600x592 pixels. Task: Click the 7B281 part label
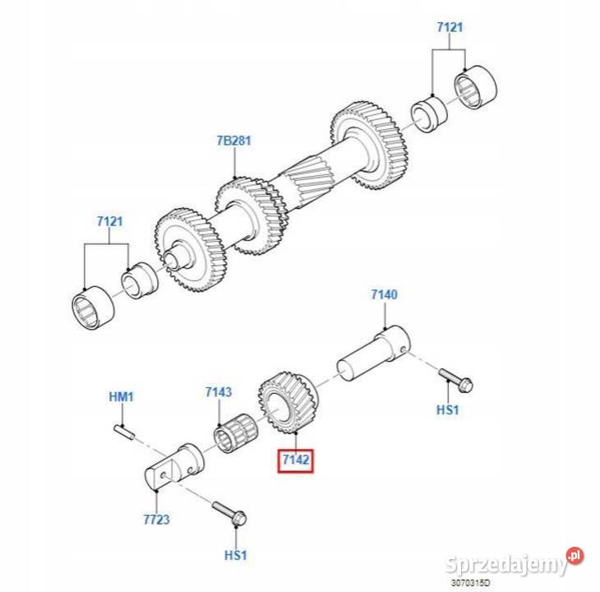[x=233, y=141]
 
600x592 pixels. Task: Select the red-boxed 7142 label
[x=295, y=460]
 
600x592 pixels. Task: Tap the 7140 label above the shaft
[x=384, y=294]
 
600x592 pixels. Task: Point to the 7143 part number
[x=218, y=392]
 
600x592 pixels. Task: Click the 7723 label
[x=156, y=520]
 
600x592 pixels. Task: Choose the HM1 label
[x=122, y=396]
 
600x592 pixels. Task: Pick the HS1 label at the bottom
[x=235, y=555]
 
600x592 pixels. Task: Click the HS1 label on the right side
[x=447, y=409]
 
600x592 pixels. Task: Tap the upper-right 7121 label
[x=450, y=27]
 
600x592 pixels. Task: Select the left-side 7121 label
[x=109, y=221]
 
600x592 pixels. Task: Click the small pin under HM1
[x=124, y=432]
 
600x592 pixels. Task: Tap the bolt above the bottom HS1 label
[x=229, y=513]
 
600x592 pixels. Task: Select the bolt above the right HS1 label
[x=455, y=380]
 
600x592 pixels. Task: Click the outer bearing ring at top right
[x=476, y=87]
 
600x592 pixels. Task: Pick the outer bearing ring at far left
[x=93, y=308]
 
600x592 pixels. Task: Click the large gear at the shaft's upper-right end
[x=369, y=146]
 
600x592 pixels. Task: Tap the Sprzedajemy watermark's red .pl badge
[x=575, y=555]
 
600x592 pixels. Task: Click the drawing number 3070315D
[x=470, y=583]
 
